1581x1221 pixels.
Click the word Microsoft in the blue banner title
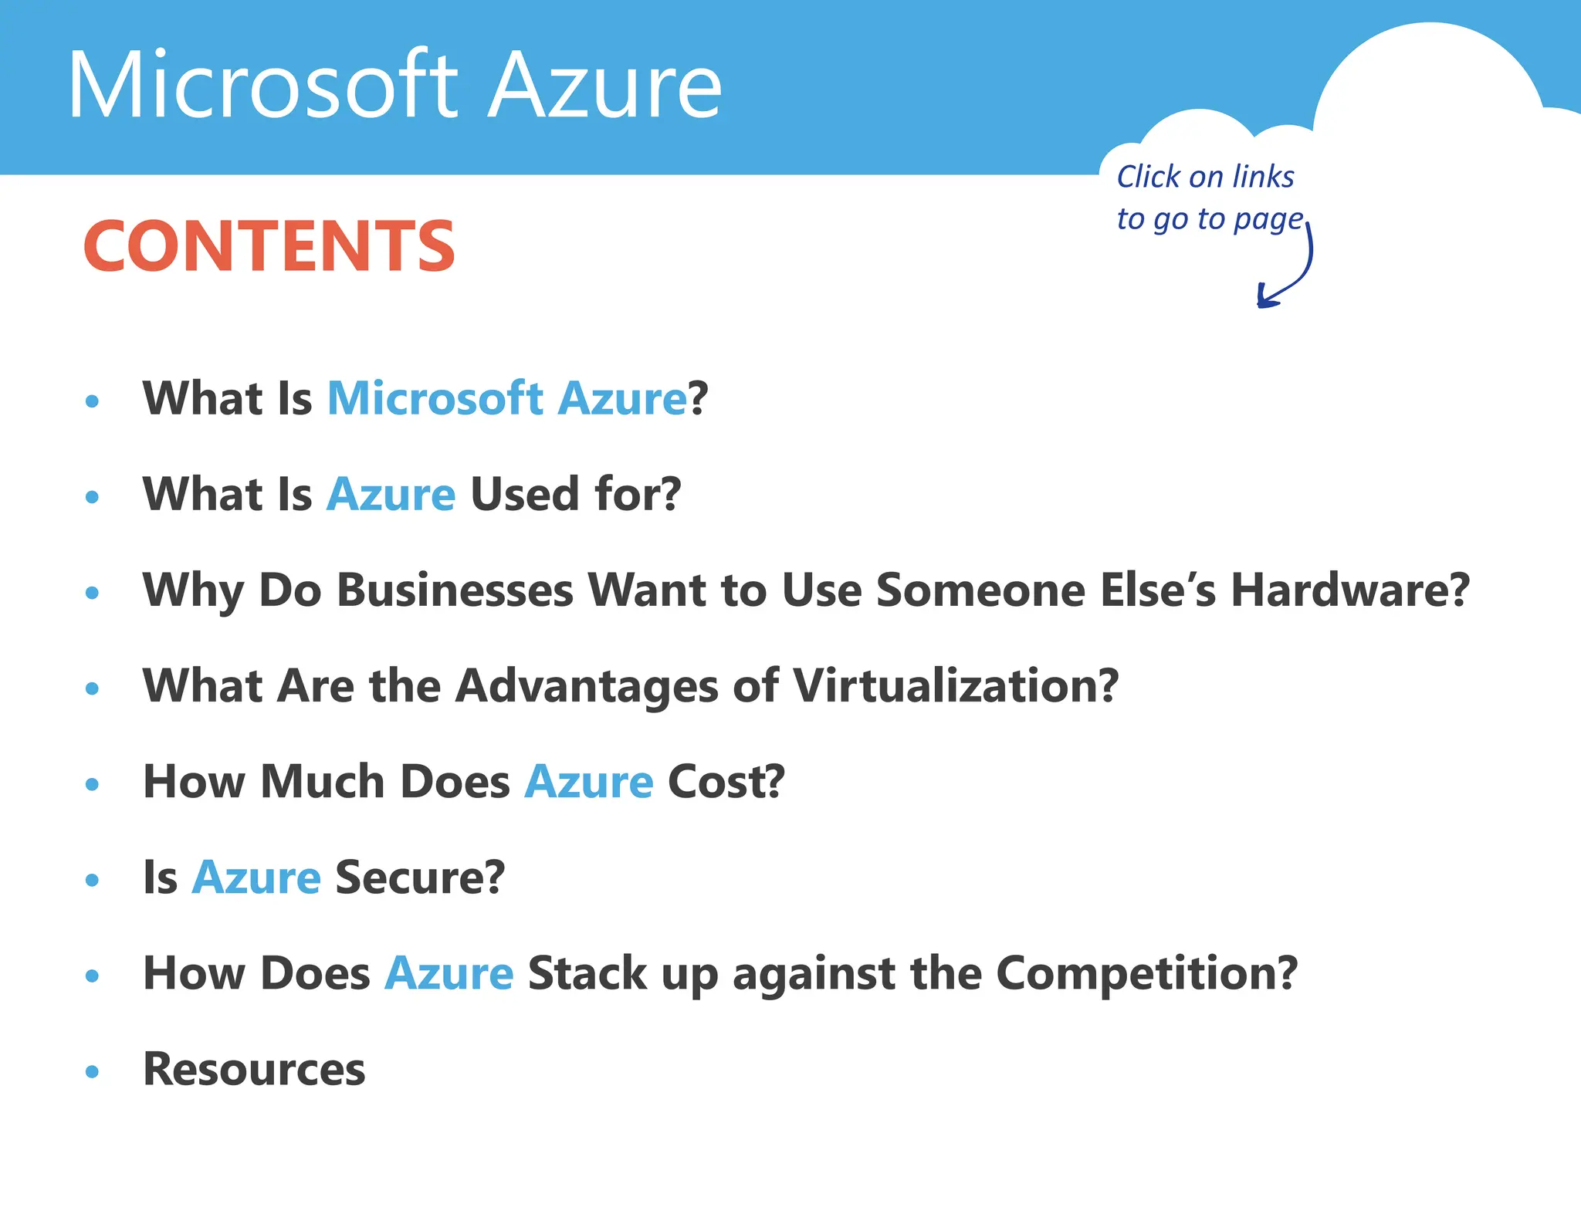[262, 85]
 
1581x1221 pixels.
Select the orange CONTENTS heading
[269, 247]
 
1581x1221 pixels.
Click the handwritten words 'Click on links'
[1205, 177]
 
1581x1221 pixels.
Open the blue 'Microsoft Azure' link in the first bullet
[506, 398]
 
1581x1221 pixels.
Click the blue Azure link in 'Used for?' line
[391, 494]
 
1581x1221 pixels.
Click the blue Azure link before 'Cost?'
[589, 782]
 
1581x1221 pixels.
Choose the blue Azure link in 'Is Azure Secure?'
[256, 878]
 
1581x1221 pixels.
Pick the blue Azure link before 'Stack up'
[449, 973]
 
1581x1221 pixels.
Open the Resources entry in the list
[254, 1070]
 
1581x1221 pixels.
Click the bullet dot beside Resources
[93, 1071]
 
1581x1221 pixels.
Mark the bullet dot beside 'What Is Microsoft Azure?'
[93, 401]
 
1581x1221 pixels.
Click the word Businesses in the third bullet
[455, 590]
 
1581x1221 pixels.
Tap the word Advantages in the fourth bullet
[587, 685]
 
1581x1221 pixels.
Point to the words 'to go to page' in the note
[1209, 220]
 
